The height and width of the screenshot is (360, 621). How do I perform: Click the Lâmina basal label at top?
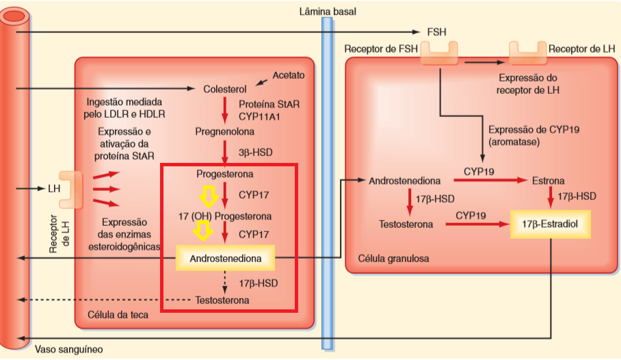pos(328,12)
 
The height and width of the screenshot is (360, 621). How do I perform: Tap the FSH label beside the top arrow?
pos(436,32)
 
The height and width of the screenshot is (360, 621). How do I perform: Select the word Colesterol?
pos(224,89)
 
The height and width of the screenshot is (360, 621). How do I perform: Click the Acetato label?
pos(289,75)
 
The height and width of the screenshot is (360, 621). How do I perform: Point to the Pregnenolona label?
pos(224,131)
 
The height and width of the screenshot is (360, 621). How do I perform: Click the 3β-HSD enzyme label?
pos(256,153)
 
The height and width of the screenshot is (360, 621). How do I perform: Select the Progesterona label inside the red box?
pos(224,174)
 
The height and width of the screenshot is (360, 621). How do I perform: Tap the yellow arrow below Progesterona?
pos(209,196)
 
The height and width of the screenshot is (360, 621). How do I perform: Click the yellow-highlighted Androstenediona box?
pos(225,258)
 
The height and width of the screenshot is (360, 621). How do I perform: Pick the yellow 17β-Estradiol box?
pos(550,224)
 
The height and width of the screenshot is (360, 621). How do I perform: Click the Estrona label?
pos(548,181)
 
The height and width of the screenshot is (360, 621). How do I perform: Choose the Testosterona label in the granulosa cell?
pos(406,224)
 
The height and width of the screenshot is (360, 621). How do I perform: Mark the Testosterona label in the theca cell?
pos(222,300)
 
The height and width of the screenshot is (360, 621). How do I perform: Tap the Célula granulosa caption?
pos(393,259)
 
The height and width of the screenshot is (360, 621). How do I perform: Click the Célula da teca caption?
pos(118,315)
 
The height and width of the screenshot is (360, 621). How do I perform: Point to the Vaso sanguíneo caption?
pos(69,350)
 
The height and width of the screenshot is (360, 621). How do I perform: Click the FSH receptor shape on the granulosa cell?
pos(439,53)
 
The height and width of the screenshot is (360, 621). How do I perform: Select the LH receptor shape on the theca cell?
pos(71,190)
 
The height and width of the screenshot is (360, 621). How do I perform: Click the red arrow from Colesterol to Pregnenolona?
pos(224,110)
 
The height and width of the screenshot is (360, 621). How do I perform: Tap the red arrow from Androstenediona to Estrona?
pos(490,181)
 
